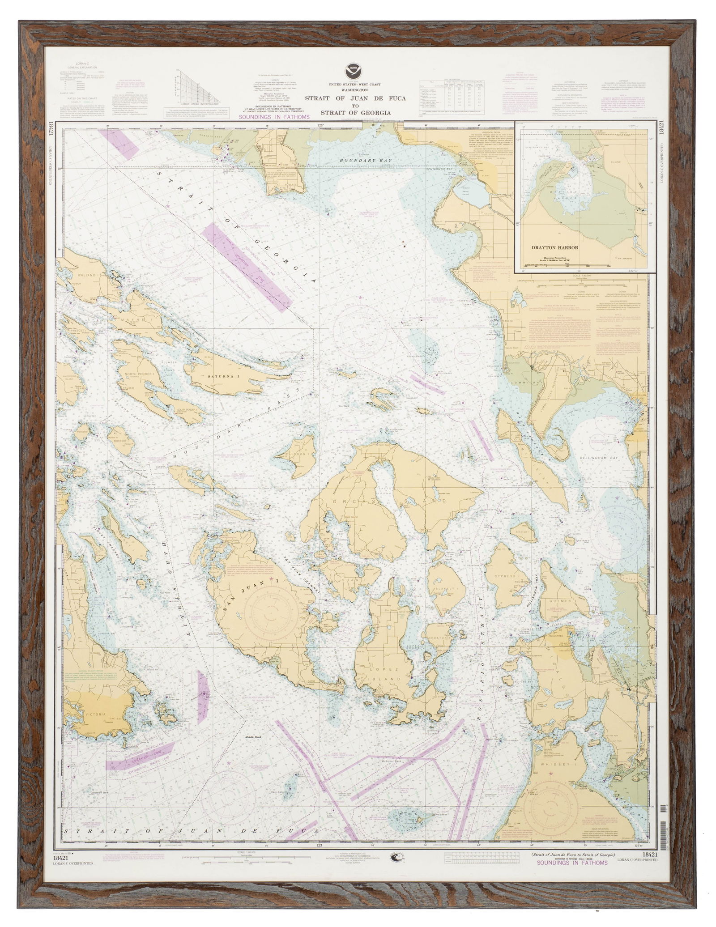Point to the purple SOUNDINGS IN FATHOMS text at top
[x=274, y=117]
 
